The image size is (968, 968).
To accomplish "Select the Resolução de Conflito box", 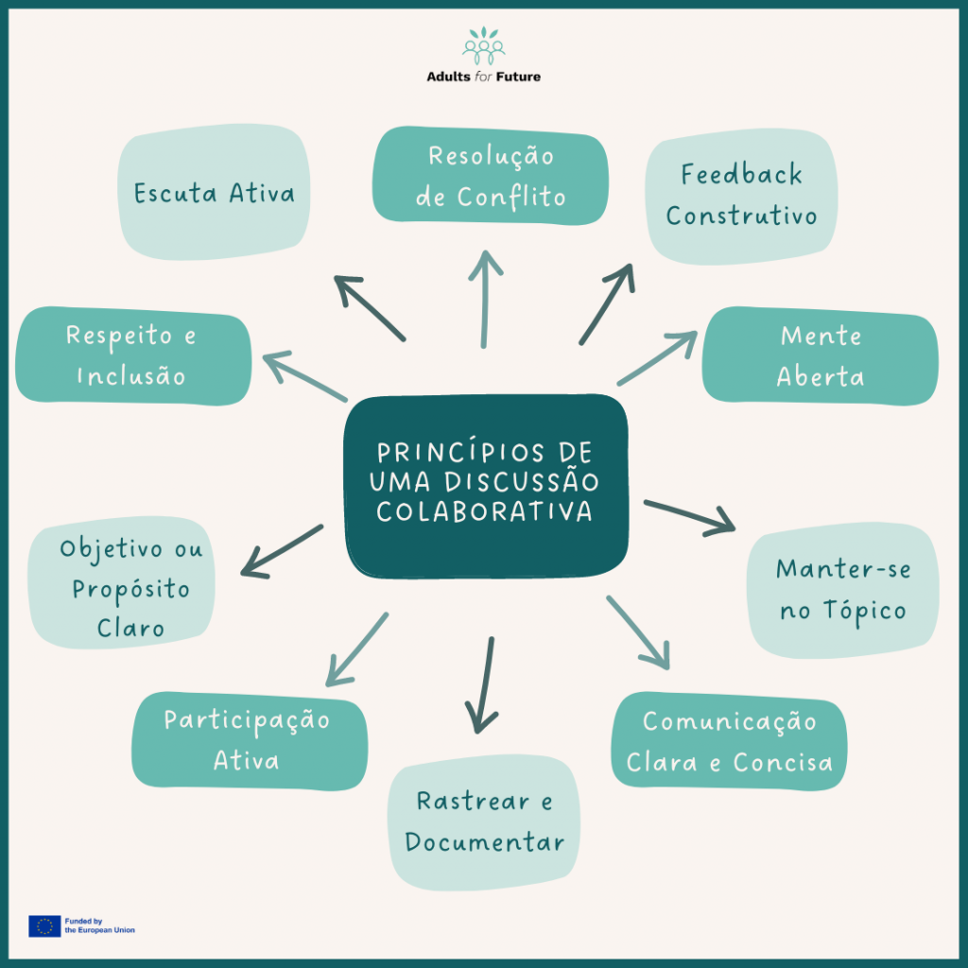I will tap(491, 177).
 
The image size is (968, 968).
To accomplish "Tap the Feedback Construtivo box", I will tap(741, 196).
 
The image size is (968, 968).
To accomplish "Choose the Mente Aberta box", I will tap(820, 356).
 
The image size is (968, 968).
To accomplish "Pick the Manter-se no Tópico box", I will tap(842, 591).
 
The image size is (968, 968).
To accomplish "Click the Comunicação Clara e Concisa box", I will tap(729, 742).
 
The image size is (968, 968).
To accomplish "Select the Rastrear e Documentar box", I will tap(483, 822).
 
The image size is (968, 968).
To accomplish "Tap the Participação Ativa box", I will tap(249, 741).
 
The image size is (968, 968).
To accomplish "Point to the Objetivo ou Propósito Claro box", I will tap(131, 588).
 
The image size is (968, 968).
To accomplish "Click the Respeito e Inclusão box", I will tap(132, 356).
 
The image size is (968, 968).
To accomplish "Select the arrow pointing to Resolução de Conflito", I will tap(485, 299).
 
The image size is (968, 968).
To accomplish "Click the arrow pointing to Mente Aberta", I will tap(656, 359).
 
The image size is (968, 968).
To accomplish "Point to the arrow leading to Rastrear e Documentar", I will tap(485, 685).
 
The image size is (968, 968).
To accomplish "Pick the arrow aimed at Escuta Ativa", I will tap(370, 308).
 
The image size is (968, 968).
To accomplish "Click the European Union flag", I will tap(44, 925).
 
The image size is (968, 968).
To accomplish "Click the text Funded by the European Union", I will tap(99, 925).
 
